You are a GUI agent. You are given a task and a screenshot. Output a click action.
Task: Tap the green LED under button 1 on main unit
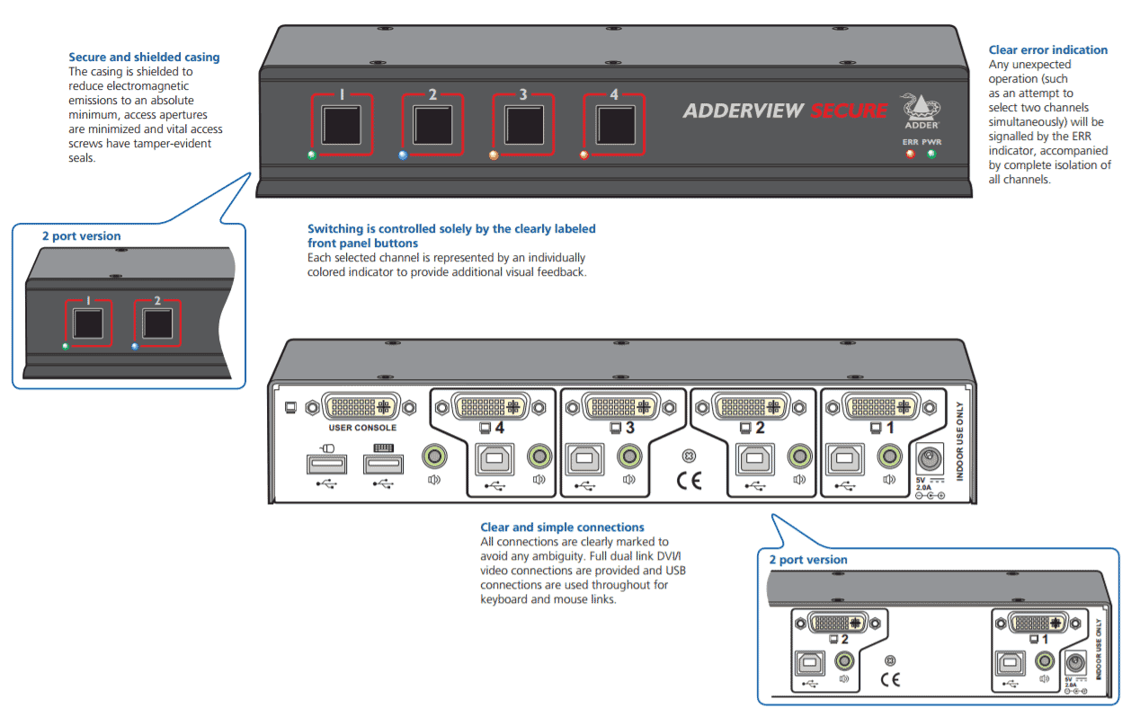(x=312, y=155)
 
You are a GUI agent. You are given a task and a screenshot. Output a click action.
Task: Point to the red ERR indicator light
(x=910, y=154)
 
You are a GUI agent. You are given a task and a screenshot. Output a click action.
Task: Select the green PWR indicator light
(x=931, y=154)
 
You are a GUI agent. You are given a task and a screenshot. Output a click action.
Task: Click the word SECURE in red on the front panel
(x=848, y=111)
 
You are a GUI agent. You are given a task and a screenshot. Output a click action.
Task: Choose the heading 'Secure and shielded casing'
(x=144, y=58)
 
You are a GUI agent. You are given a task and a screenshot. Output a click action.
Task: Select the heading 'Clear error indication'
(x=1047, y=50)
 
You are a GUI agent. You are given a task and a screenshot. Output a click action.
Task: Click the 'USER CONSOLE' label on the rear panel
(x=362, y=428)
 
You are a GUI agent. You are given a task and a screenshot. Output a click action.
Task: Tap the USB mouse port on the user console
(x=326, y=465)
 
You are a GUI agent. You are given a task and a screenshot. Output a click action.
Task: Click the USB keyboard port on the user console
(x=383, y=465)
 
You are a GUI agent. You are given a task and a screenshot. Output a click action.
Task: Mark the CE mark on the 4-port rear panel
(x=689, y=480)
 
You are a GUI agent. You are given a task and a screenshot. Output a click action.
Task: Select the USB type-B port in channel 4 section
(x=493, y=458)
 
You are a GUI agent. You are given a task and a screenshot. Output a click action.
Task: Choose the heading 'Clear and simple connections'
(x=562, y=527)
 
